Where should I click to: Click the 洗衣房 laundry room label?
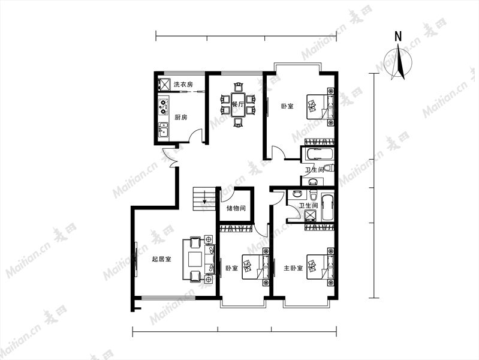[183, 85]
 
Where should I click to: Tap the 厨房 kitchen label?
[181, 117]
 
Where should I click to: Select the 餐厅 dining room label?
[237, 104]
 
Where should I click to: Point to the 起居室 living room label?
[162, 259]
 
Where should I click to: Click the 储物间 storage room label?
[236, 209]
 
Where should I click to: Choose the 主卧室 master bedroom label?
[293, 268]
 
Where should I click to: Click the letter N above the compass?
[398, 37]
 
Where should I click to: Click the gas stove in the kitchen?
[164, 106]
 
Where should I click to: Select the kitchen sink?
[163, 130]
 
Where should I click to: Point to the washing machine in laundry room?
[164, 85]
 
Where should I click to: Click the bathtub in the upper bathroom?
[318, 154]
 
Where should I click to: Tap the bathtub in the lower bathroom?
[328, 207]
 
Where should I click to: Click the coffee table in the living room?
[195, 259]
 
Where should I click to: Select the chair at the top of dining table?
[237, 87]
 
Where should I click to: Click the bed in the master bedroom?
[320, 266]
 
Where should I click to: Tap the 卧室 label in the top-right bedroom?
[287, 106]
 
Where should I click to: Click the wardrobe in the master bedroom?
[320, 227]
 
